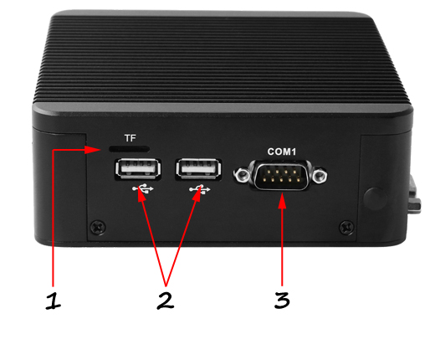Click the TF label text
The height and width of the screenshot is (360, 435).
point(129,136)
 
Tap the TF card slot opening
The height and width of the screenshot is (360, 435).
point(128,148)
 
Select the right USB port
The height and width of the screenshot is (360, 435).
point(197,170)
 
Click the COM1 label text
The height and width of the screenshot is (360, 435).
point(283,152)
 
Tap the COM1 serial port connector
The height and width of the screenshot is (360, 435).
point(282,177)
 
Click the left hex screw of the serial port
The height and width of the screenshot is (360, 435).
point(242,177)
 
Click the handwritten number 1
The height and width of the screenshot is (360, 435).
point(54,301)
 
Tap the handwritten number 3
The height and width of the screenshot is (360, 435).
point(283,300)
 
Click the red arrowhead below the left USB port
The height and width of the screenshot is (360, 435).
point(144,201)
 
